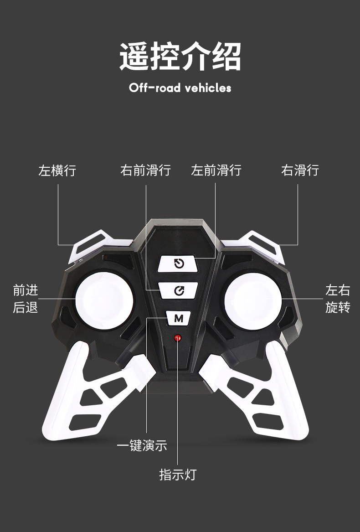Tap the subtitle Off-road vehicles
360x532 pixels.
(x=180, y=88)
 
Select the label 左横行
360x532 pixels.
(x=57, y=170)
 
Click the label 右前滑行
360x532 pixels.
(x=145, y=170)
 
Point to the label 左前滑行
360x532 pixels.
(x=216, y=170)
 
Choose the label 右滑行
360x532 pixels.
(x=300, y=170)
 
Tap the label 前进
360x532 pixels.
(x=26, y=290)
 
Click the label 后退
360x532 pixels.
(x=26, y=308)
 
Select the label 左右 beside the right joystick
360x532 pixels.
(x=338, y=290)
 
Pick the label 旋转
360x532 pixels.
(x=338, y=308)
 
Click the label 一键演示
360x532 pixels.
(x=142, y=445)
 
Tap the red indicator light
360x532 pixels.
(x=178, y=338)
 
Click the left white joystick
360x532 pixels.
(x=104, y=300)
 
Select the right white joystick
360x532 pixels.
(x=252, y=300)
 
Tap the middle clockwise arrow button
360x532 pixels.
(x=178, y=290)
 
